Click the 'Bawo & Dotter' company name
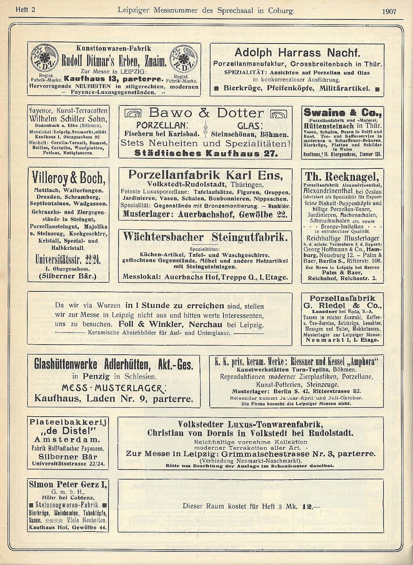tap(206, 113)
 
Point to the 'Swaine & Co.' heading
tap(342, 113)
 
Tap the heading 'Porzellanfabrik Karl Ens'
tap(205, 175)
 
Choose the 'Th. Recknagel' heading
tap(342, 177)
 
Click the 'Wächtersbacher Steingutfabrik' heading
tap(205, 236)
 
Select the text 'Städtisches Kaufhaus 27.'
tap(206, 153)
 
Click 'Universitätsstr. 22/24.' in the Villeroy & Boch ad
tap(69, 259)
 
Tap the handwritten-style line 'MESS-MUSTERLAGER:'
tap(113, 388)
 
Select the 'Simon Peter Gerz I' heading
tap(68, 484)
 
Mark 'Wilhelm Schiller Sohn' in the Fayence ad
tap(69, 119)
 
